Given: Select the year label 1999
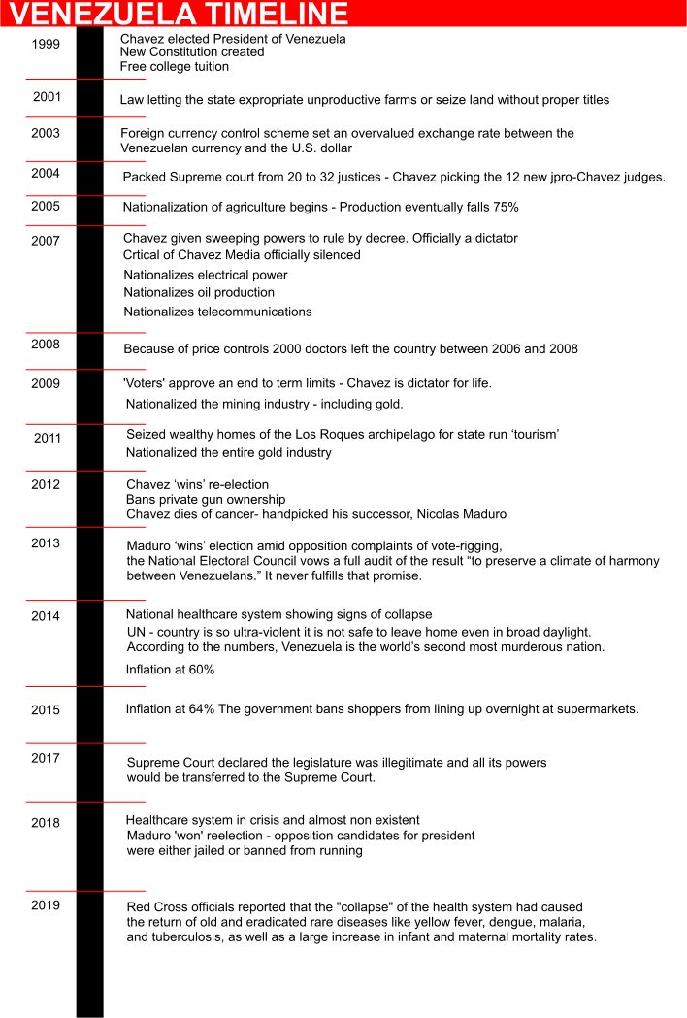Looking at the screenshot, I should (x=46, y=44).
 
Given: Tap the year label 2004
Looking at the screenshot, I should (x=46, y=173).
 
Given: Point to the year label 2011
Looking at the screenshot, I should (x=48, y=438).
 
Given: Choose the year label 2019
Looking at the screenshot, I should (x=46, y=905).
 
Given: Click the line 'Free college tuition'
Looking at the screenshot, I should (x=175, y=66).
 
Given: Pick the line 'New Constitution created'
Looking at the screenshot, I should (x=192, y=52).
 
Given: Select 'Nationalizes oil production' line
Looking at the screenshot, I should (x=199, y=292).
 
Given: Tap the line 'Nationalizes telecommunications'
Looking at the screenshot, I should (x=217, y=312).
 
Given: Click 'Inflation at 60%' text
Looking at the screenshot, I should (x=170, y=670).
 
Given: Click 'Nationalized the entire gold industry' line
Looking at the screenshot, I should (x=229, y=452).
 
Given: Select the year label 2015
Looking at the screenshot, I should (x=46, y=709).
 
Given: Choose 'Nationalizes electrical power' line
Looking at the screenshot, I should (x=206, y=275).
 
